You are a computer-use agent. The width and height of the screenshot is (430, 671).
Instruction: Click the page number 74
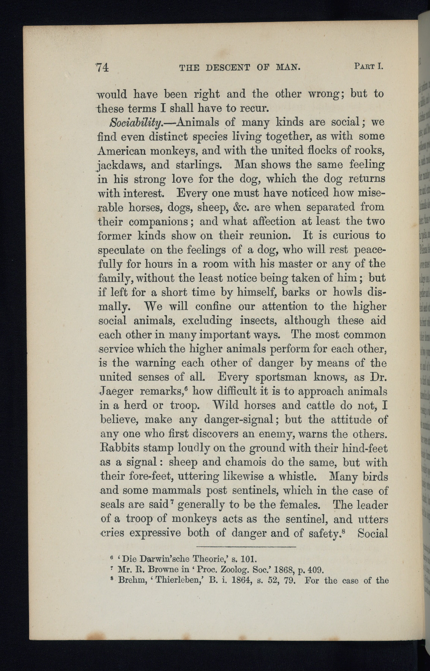[x=102, y=68]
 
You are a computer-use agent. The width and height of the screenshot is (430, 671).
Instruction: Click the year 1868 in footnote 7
[x=282, y=570]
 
